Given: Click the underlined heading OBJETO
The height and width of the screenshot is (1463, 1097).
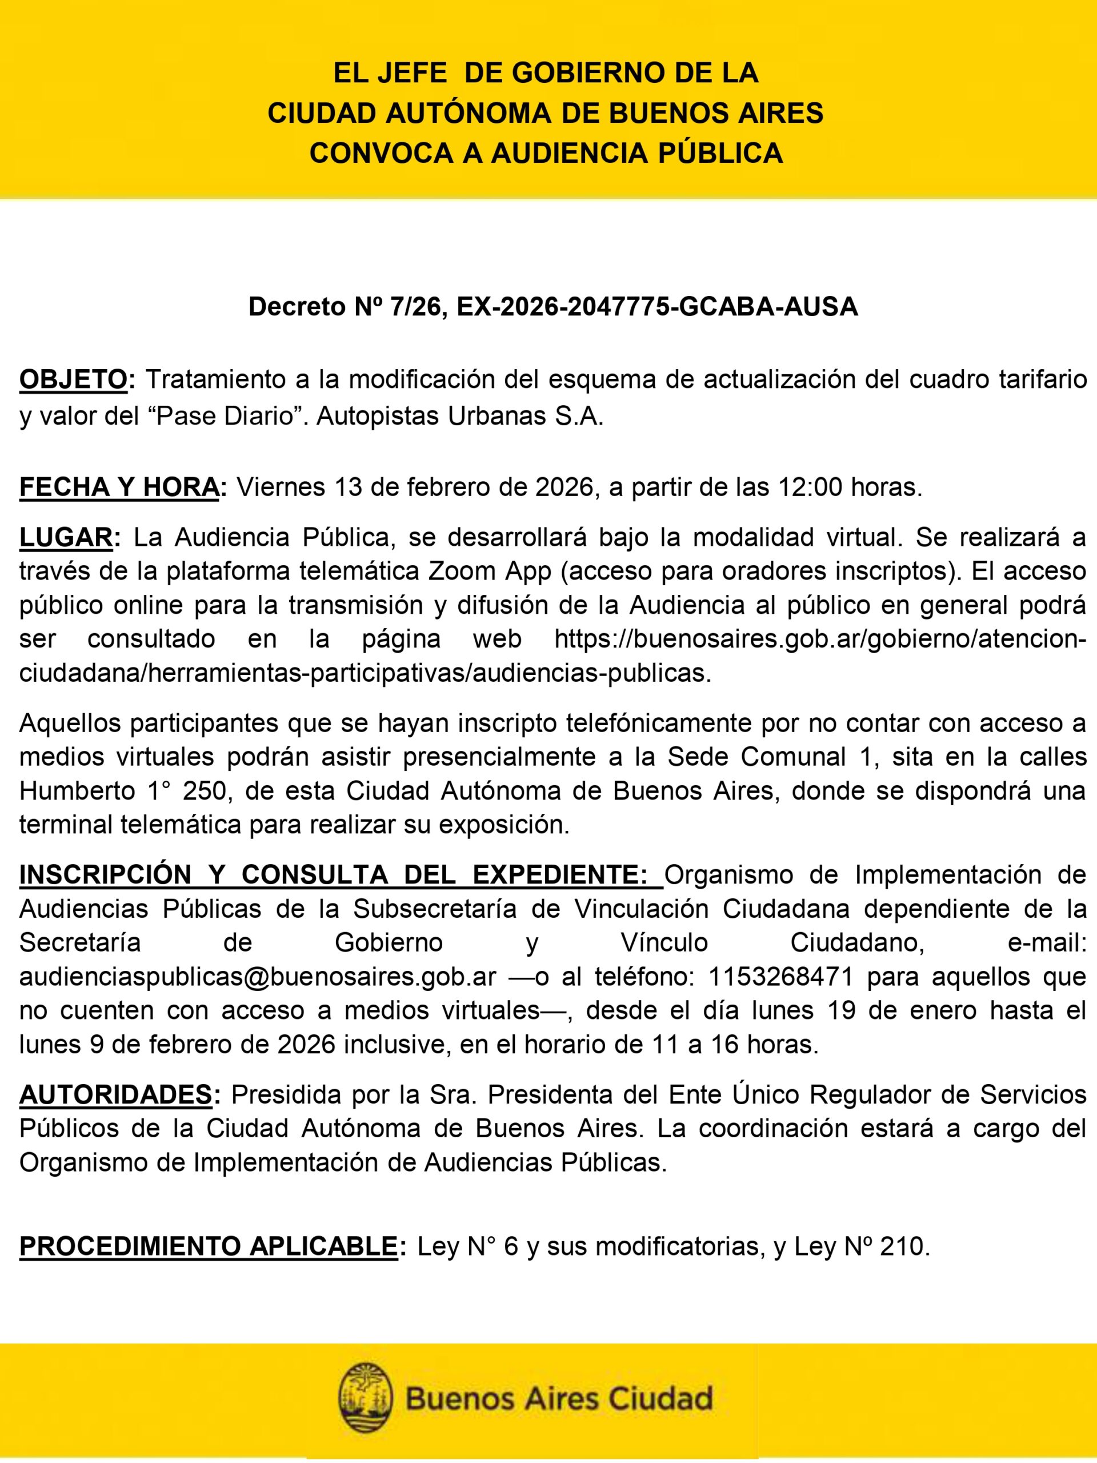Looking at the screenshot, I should coord(73,379).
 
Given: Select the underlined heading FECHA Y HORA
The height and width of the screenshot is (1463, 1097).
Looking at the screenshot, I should coord(118,487).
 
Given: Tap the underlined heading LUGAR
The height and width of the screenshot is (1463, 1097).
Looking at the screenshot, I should coord(66,538).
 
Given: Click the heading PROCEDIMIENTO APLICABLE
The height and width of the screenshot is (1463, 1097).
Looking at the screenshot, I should coord(209,1247).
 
